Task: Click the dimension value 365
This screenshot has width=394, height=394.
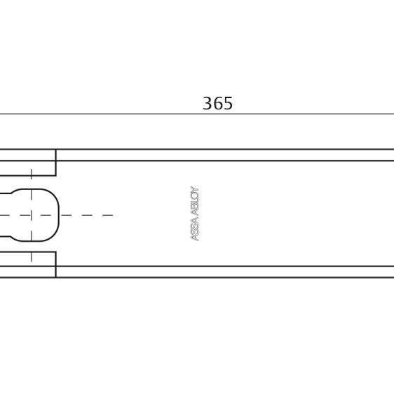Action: [x=217, y=103]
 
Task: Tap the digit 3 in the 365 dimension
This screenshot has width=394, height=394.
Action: [x=208, y=103]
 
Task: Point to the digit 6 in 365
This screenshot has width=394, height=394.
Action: [x=217, y=103]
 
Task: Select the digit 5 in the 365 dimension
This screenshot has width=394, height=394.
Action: [x=228, y=103]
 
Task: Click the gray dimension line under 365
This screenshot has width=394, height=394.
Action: [x=197, y=114]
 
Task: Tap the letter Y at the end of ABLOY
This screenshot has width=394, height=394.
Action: [x=195, y=189]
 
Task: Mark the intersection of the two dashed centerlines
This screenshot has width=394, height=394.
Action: [x=31, y=215]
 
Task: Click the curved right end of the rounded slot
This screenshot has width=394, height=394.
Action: [x=59, y=215]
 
